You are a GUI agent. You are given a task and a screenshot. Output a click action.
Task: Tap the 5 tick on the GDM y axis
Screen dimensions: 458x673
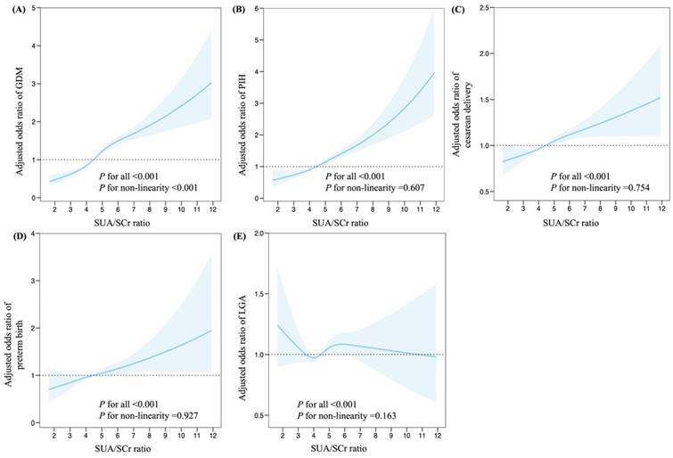click(33, 8)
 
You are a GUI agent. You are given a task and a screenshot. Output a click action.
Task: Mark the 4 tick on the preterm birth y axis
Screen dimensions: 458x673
click(33, 233)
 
